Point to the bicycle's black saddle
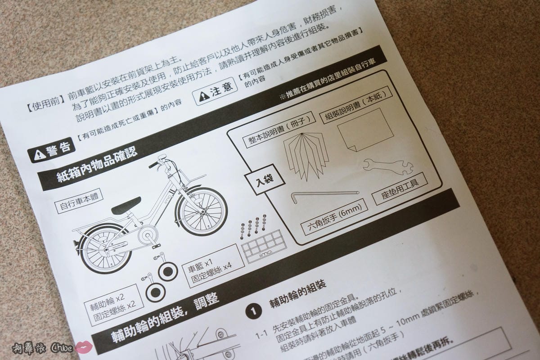[126, 206]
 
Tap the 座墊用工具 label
[400, 188]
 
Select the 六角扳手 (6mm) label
[333, 216]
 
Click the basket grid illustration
[263, 246]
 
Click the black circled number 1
[254, 310]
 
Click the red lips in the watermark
[83, 347]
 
